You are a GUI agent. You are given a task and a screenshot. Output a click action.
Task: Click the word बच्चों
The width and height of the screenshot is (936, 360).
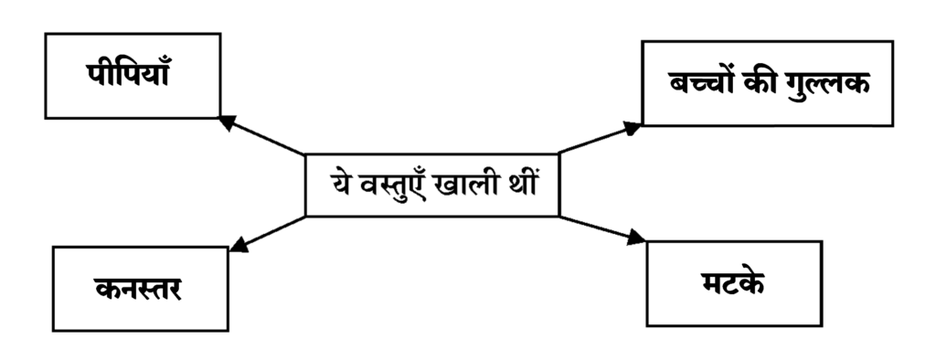(x=703, y=82)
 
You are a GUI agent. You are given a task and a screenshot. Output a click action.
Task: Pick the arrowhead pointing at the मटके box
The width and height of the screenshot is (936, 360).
(x=635, y=237)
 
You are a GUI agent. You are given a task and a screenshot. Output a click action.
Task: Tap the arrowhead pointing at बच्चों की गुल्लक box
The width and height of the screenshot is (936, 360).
(x=632, y=128)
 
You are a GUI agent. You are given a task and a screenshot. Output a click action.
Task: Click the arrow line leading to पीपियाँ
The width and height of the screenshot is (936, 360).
(x=262, y=135)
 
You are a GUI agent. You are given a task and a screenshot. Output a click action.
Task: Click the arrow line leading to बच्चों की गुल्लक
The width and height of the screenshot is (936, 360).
(x=600, y=139)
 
